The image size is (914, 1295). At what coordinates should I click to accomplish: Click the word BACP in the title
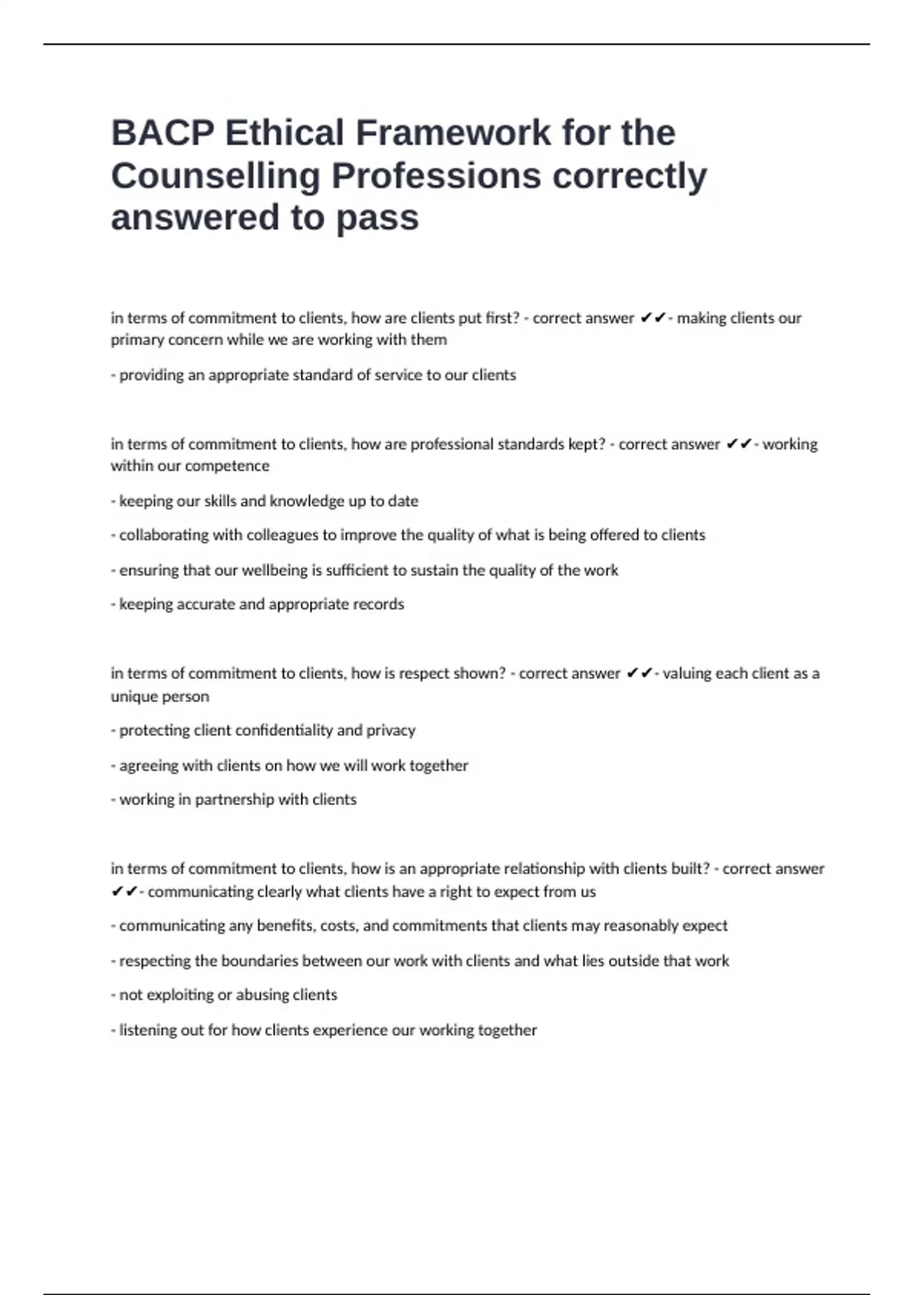pyautogui.click(x=161, y=133)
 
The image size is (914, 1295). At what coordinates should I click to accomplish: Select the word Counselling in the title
pyautogui.click(x=216, y=176)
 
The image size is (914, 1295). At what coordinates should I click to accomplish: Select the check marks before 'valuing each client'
pyautogui.click(x=639, y=673)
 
